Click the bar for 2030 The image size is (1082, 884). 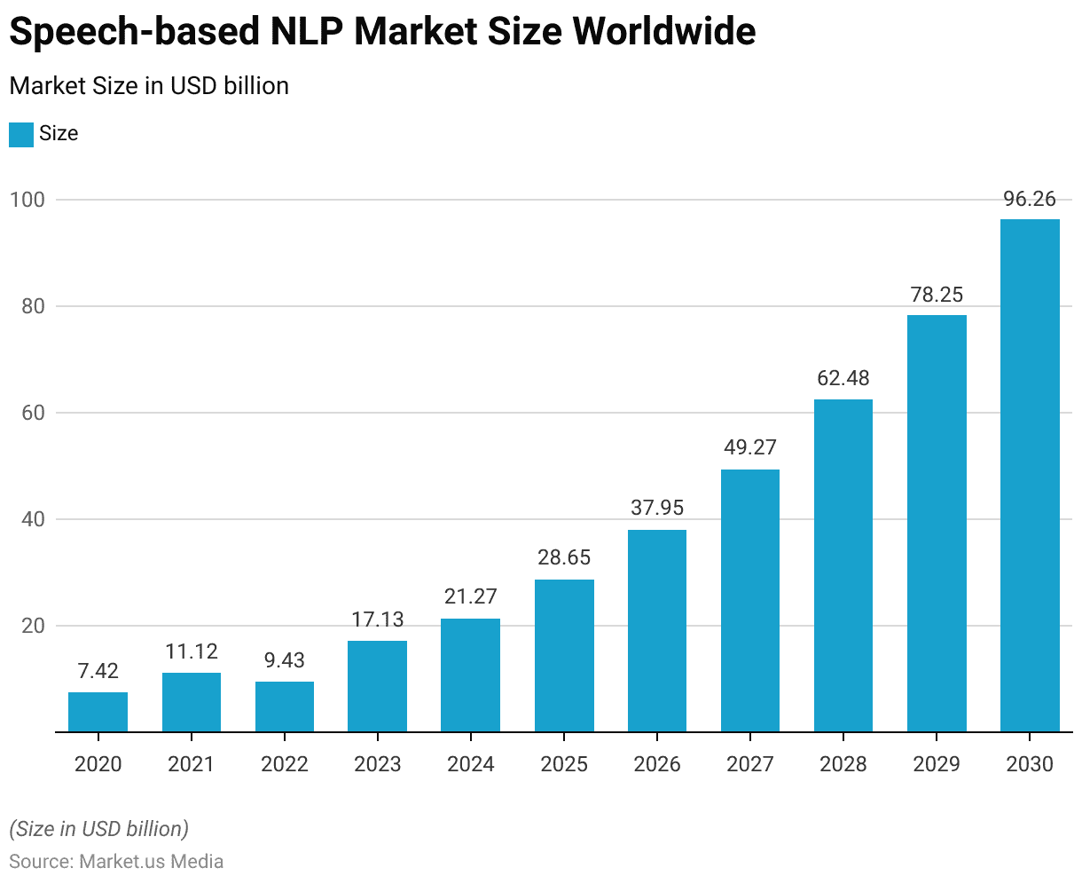pyautogui.click(x=1030, y=476)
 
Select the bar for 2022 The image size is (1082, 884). pyautogui.click(x=285, y=706)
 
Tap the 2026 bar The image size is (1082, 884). pyautogui.click(x=657, y=631)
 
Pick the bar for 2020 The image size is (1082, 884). pyautogui.click(x=98, y=712)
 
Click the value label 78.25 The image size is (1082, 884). pyautogui.click(x=937, y=295)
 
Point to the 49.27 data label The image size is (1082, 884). pyautogui.click(x=750, y=447)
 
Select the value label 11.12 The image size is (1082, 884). pyautogui.click(x=192, y=652)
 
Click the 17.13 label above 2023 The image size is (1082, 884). pyautogui.click(x=378, y=620)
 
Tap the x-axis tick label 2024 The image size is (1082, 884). pyautogui.click(x=471, y=764)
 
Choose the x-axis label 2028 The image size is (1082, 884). pyautogui.click(x=843, y=764)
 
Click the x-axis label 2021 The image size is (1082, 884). pyautogui.click(x=192, y=764)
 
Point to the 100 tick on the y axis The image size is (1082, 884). pyautogui.click(x=27, y=200)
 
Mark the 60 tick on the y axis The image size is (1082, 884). pyautogui.click(x=32, y=413)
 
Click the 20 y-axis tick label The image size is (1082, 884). pyautogui.click(x=32, y=626)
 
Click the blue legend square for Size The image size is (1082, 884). pyautogui.click(x=21, y=134)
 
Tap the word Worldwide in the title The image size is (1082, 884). pyautogui.click(x=664, y=32)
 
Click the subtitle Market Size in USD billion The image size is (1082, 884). pyautogui.click(x=149, y=86)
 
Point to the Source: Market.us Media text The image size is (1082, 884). pyautogui.click(x=116, y=861)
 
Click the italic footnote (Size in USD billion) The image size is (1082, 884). pyautogui.click(x=98, y=829)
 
